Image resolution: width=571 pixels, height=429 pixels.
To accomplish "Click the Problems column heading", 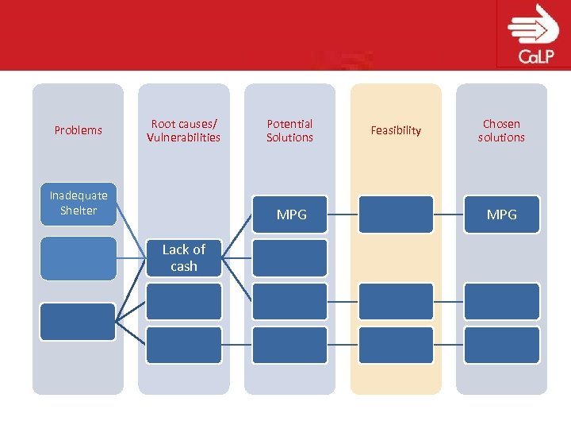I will click(x=78, y=130).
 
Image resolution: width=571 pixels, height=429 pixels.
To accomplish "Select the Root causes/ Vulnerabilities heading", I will click(x=183, y=130).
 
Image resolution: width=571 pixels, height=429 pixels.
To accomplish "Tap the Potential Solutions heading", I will click(x=289, y=130).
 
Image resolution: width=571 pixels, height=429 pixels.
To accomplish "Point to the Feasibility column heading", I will click(x=396, y=130).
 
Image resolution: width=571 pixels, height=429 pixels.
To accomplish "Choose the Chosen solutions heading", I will click(x=501, y=130).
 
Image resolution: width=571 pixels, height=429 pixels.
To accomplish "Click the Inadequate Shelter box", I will click(x=79, y=203).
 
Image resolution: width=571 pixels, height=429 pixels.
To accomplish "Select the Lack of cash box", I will click(x=184, y=257).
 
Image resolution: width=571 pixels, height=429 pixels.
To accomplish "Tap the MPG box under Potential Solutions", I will click(x=290, y=214).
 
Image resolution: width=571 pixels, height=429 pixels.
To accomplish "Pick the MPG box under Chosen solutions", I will click(x=501, y=214).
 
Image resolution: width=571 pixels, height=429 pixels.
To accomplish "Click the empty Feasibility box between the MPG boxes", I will click(x=396, y=214).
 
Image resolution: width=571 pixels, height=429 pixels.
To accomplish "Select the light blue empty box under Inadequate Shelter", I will click(x=79, y=258).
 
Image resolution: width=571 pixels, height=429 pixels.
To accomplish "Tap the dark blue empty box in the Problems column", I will click(x=78, y=322).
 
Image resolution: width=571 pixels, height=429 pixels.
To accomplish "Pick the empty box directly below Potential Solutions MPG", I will click(x=289, y=258).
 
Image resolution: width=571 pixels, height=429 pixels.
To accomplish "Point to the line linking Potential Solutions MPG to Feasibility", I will click(x=343, y=214).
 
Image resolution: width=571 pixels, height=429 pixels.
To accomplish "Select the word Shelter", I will click(x=79, y=211).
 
